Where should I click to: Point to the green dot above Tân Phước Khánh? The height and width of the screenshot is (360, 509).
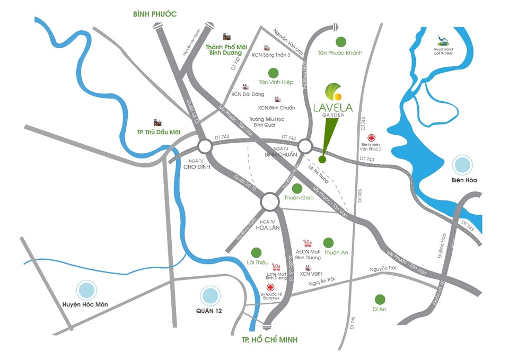pyautogui.click(x=340, y=41)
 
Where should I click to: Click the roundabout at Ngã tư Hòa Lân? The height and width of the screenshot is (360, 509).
pyautogui.click(x=270, y=201)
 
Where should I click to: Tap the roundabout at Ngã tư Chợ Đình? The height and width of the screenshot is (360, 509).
pyautogui.click(x=205, y=147)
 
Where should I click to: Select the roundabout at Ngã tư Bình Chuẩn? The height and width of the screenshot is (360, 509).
pyautogui.click(x=305, y=146)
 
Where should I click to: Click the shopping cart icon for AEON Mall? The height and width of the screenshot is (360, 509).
pyautogui.click(x=307, y=242)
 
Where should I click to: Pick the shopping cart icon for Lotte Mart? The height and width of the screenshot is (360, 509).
pyautogui.click(x=276, y=267)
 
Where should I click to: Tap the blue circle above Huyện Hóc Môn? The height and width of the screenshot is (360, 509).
pyautogui.click(x=85, y=291)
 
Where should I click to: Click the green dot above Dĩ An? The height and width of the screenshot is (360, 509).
pyautogui.click(x=379, y=299)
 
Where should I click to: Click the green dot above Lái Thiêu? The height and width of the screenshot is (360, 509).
pyautogui.click(x=256, y=252)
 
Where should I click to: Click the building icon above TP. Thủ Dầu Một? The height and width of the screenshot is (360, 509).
pyautogui.click(x=157, y=123)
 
